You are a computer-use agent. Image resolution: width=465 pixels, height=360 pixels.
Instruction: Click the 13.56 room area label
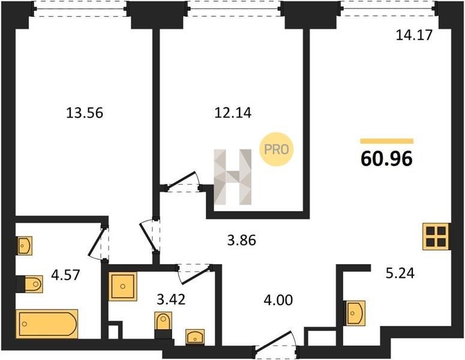click(85, 113)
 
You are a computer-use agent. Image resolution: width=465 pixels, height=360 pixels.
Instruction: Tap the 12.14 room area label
click(233, 113)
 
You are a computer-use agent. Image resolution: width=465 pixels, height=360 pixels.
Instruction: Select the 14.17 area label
click(414, 35)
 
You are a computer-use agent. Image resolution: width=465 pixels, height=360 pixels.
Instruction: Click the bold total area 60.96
click(386, 158)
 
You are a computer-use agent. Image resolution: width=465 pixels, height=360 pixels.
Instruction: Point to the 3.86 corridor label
click(241, 240)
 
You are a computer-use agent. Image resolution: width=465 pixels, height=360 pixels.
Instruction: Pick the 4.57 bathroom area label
click(65, 275)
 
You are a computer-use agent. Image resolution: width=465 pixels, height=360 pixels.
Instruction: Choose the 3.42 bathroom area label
click(171, 299)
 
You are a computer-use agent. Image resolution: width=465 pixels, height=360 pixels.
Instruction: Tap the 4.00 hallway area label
click(278, 300)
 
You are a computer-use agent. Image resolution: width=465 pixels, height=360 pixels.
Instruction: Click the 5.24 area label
click(400, 273)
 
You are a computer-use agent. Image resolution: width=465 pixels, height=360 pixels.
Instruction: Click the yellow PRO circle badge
click(277, 149)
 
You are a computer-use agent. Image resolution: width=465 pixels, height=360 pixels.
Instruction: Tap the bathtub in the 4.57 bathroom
click(47, 324)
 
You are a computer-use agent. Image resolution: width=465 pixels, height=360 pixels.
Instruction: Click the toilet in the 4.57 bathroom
click(29, 284)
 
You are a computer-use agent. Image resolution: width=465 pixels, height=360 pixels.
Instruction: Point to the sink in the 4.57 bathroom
click(24, 245)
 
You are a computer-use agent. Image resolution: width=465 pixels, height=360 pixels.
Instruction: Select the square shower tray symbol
click(123, 286)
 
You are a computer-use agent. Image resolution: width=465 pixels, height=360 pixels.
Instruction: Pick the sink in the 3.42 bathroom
click(195, 337)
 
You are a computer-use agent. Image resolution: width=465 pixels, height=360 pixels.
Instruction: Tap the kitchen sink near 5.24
click(355, 313)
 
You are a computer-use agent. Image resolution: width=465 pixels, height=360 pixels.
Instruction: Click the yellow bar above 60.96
click(387, 141)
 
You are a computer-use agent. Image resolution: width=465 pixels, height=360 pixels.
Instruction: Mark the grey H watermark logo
click(233, 177)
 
